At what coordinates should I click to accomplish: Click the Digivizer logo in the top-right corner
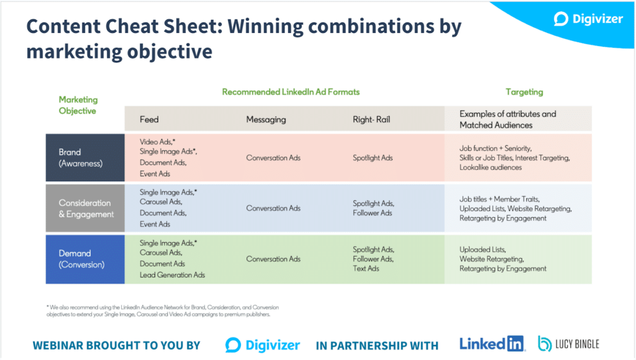[x=588, y=19]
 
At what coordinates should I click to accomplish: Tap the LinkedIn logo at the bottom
[x=492, y=344]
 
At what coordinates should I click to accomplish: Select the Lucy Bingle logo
[x=568, y=344]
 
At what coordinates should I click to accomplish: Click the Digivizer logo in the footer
[x=263, y=345]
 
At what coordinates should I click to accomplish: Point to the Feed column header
[x=149, y=120]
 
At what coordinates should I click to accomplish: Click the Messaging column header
[x=266, y=120]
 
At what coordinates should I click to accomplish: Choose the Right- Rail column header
[x=371, y=120]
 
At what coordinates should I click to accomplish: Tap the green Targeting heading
[x=524, y=92]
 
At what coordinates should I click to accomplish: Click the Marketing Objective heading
[x=78, y=105]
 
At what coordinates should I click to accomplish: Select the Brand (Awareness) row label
[x=80, y=158]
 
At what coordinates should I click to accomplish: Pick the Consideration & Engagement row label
[x=86, y=209]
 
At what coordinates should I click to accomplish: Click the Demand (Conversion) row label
[x=81, y=259]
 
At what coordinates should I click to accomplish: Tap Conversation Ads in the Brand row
[x=273, y=158]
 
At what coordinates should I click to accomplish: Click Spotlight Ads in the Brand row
[x=373, y=158]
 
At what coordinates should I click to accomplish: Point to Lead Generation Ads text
[x=172, y=275]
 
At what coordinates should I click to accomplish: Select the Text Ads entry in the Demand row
[x=365, y=268]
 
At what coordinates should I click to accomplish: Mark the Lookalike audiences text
[x=491, y=168]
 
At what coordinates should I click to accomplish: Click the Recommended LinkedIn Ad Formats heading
[x=291, y=92]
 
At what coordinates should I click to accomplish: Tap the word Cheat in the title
[x=132, y=26]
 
